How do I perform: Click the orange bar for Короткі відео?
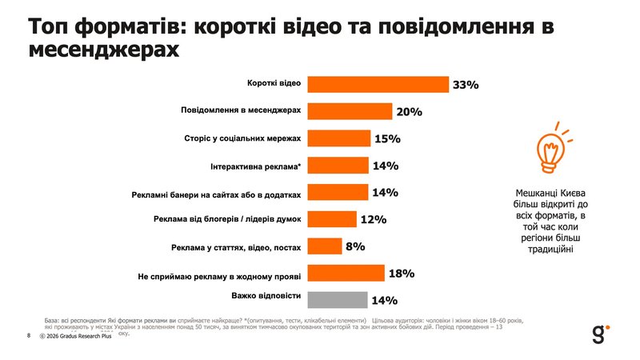(x=378, y=84)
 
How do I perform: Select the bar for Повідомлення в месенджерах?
(x=350, y=111)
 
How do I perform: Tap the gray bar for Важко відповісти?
(x=338, y=300)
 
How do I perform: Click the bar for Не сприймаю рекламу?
(x=346, y=274)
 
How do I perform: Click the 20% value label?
(x=409, y=112)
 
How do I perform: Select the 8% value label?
(x=355, y=246)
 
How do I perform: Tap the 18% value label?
(x=401, y=274)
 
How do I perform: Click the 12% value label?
(x=374, y=219)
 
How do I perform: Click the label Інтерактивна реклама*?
(x=256, y=166)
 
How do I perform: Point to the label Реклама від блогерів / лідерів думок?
(x=226, y=219)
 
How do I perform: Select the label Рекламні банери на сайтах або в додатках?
(x=216, y=193)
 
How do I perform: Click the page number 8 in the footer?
(x=28, y=335)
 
